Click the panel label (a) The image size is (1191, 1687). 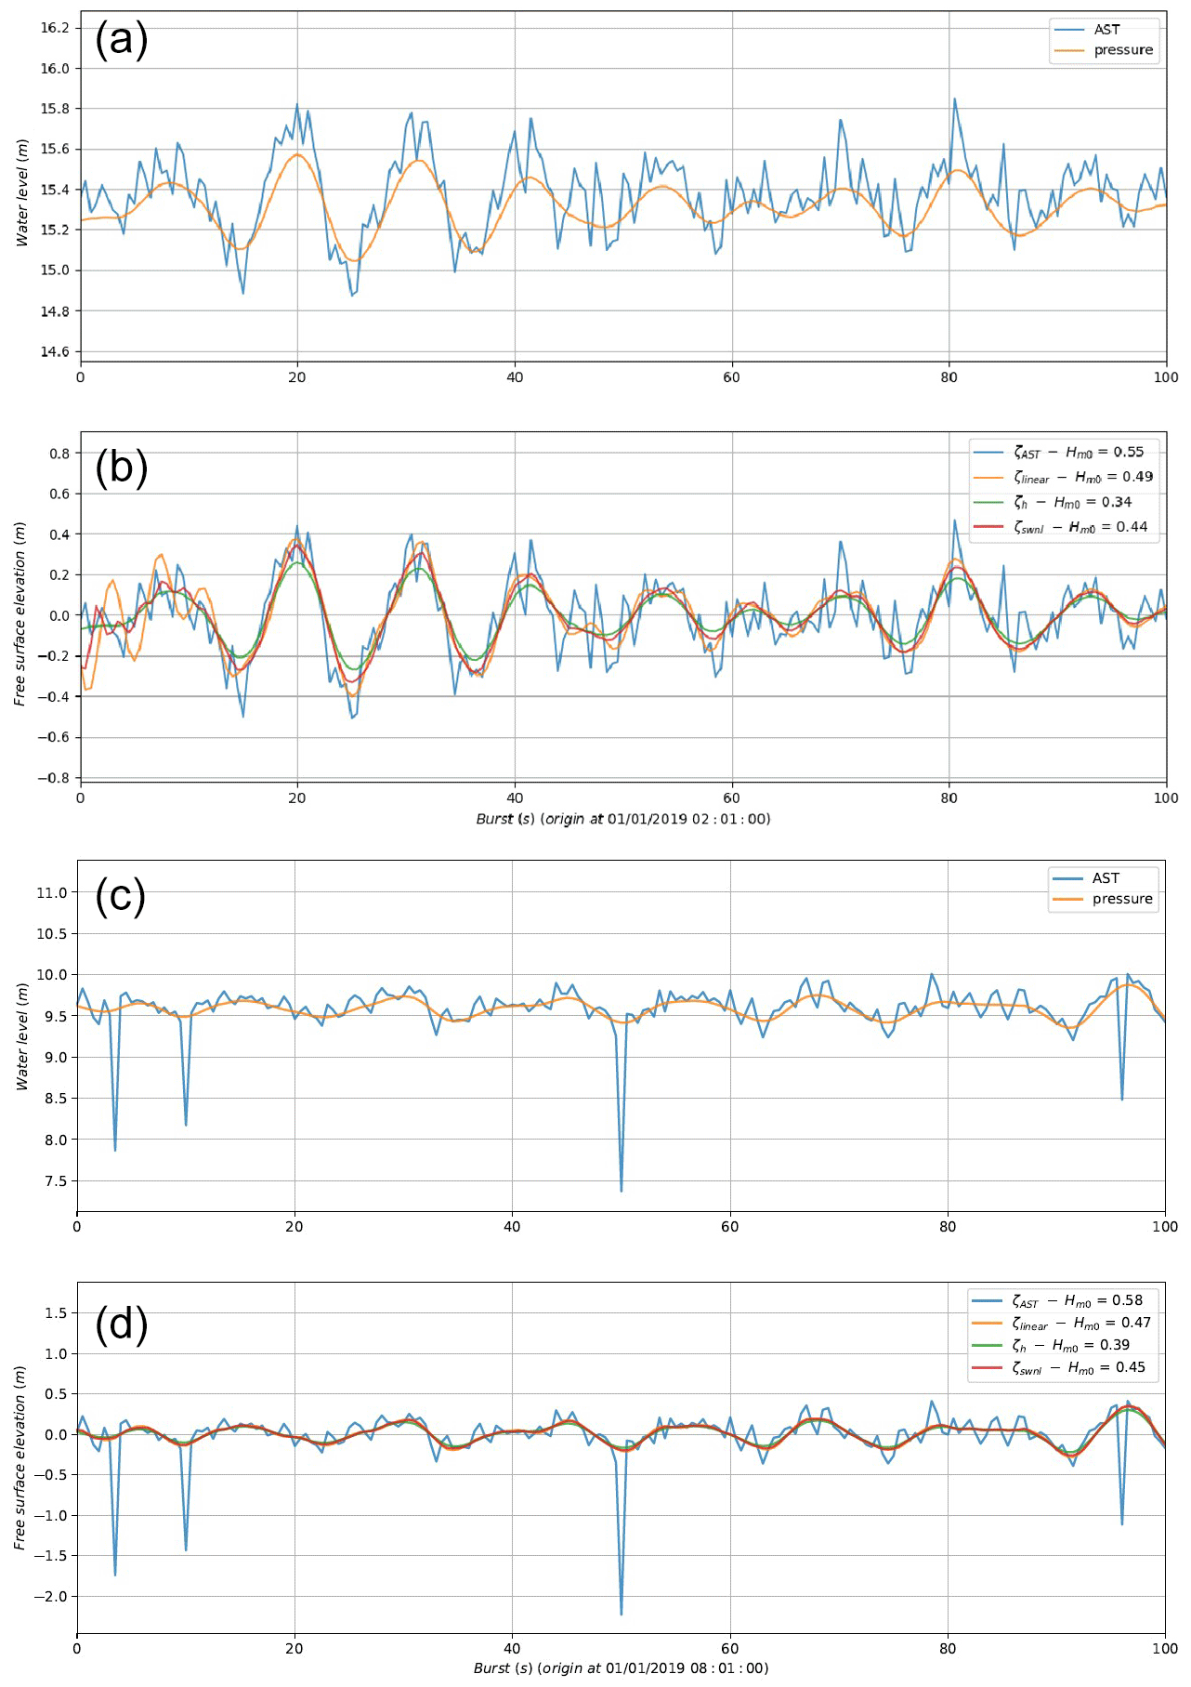coord(122,40)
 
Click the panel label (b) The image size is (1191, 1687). coord(122,468)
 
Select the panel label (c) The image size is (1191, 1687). coord(121,896)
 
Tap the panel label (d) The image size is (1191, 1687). coord(122,1324)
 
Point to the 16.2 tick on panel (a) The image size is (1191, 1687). coord(55,28)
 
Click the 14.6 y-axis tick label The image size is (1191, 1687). coord(55,351)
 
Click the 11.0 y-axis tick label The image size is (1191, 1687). coord(52,892)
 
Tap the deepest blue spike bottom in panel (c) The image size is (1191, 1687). coord(622,1190)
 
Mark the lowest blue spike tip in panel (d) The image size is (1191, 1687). coord(622,1614)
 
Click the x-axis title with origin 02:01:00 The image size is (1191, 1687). coord(622,819)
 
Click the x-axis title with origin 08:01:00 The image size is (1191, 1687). coord(621,1667)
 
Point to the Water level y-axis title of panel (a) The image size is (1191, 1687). coord(22,192)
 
